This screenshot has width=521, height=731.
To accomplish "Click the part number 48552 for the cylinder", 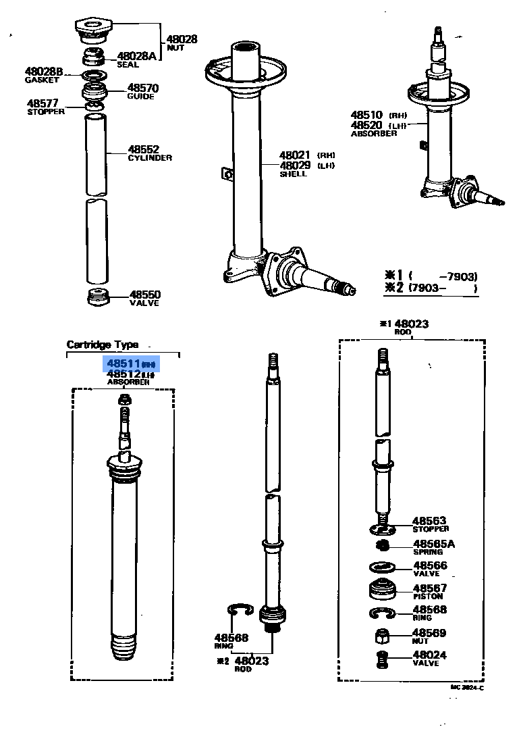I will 144,149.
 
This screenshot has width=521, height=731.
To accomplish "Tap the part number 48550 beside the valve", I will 145,295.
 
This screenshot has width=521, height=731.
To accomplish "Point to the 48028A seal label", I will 136,56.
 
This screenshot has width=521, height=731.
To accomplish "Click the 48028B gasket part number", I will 44,71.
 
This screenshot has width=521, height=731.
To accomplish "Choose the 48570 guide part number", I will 143,88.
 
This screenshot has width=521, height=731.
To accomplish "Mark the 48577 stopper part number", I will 45,103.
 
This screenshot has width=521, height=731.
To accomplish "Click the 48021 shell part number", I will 296,155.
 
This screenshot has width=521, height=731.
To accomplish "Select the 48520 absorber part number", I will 366,125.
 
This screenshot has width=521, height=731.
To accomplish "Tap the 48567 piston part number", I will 430,588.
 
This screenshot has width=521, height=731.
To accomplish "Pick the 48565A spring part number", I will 434,544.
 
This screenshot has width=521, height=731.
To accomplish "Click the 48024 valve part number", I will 430,655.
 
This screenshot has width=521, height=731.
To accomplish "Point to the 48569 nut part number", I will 430,633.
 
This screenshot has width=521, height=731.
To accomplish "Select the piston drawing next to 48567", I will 383,590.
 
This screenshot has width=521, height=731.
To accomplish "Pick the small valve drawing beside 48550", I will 99,297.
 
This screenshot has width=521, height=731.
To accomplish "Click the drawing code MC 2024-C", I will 468,688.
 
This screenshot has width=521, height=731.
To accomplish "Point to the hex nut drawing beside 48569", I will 383,636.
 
